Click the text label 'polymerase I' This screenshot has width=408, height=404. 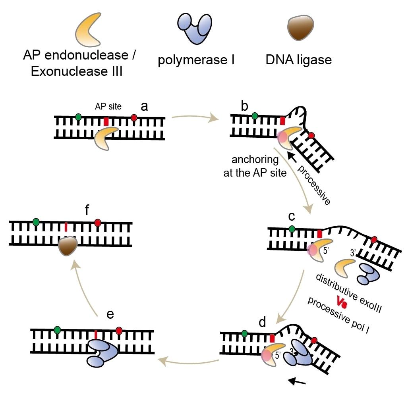click(196, 61)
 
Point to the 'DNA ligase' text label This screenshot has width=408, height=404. click(298, 60)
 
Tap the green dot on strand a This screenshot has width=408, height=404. click(79, 117)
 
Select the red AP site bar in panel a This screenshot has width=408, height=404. click(106, 121)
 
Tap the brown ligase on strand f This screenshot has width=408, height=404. click(66, 246)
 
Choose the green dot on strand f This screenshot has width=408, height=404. click(37, 222)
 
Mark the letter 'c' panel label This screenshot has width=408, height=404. click(292, 216)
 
